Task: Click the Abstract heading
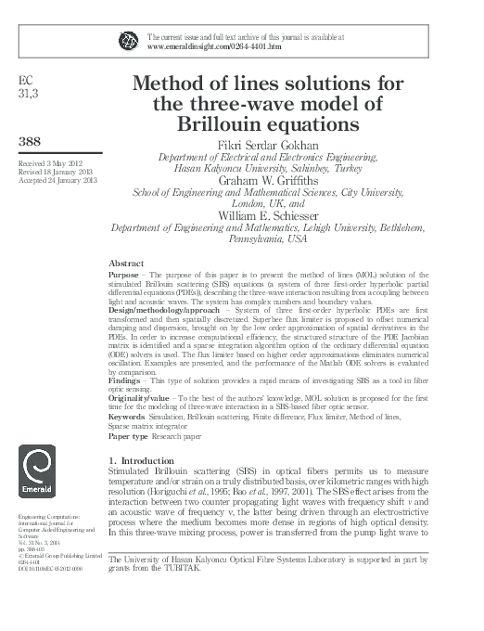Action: coord(125,264)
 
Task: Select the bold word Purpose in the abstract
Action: coord(126,277)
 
